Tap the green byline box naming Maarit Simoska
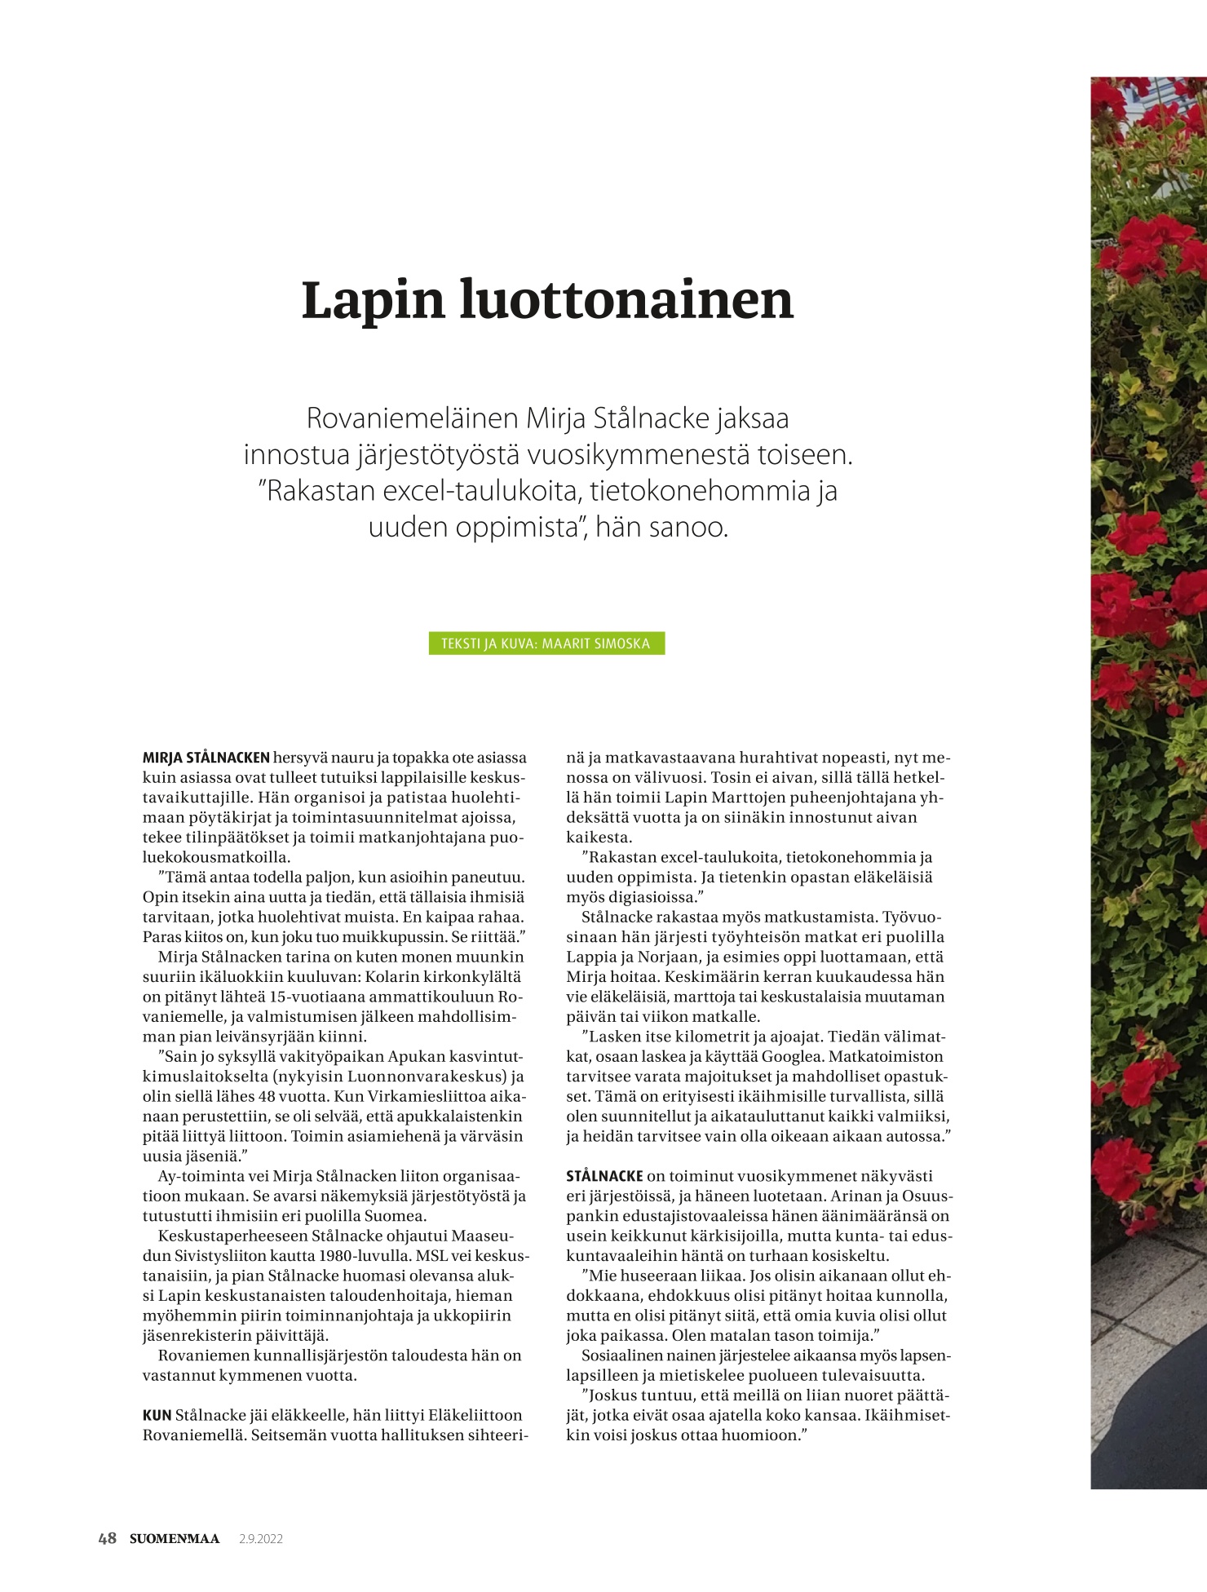(x=546, y=643)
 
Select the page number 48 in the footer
(x=107, y=1539)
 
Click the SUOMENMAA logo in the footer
(x=175, y=1539)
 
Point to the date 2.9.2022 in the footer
(x=261, y=1539)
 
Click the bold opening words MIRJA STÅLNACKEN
(x=206, y=758)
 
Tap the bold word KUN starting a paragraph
(x=157, y=1415)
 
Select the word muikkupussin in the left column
(x=402, y=936)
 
